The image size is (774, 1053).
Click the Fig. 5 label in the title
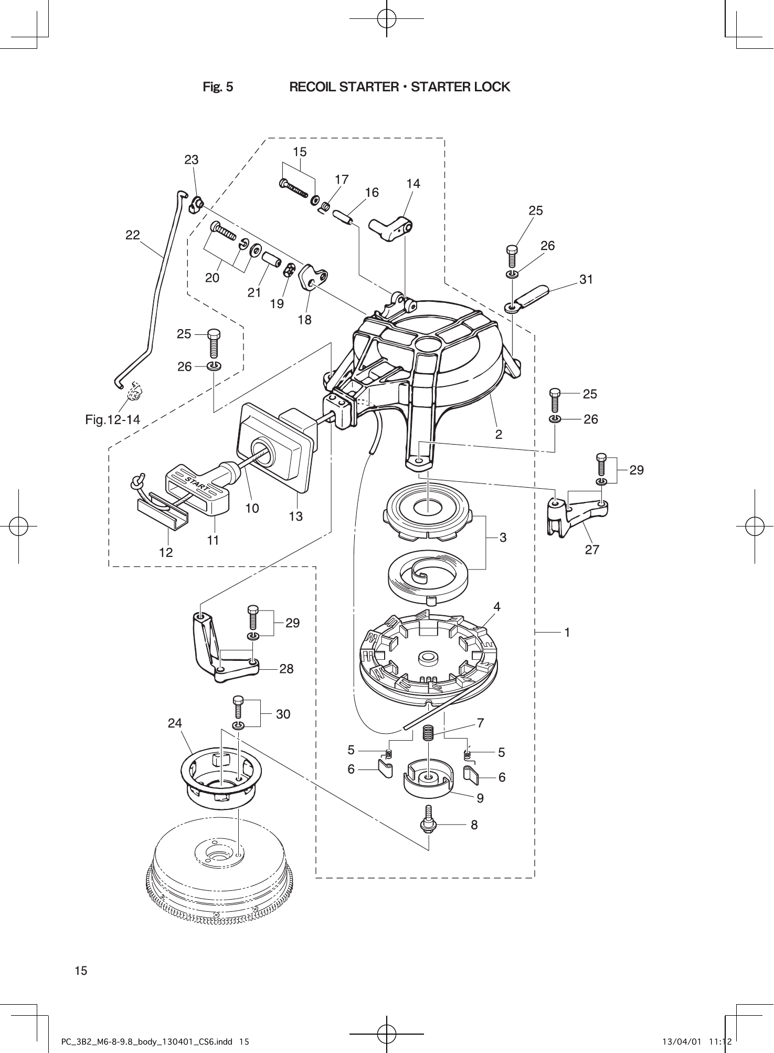pos(218,87)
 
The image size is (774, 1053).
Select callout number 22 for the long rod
pos(133,236)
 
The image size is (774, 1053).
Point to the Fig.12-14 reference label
pos(113,419)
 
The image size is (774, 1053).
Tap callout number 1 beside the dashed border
pos(567,633)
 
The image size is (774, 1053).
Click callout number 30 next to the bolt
pos(283,714)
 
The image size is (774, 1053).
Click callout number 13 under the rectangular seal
pos(296,517)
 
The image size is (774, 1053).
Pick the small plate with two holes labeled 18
pos(313,277)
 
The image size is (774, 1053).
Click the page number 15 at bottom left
pos(81,970)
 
